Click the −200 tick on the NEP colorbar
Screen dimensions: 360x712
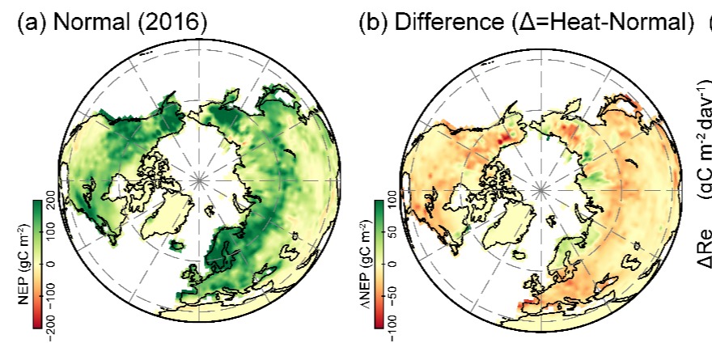click(51, 322)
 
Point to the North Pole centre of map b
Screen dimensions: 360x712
click(540, 188)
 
